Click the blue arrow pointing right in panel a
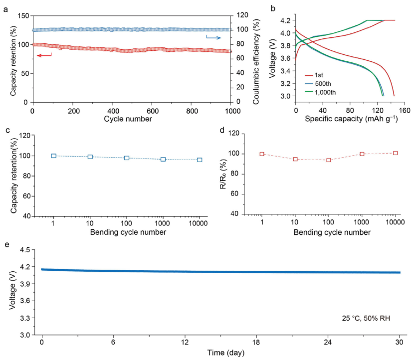click(x=213, y=37)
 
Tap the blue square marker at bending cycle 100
click(x=127, y=158)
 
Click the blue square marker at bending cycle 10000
click(x=200, y=160)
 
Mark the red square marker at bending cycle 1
click(x=262, y=154)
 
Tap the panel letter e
click(x=6, y=244)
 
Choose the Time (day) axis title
click(x=221, y=353)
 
